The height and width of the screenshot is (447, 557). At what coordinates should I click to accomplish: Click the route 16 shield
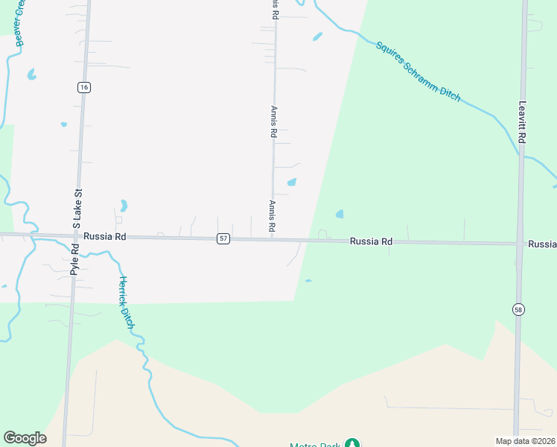[83, 87]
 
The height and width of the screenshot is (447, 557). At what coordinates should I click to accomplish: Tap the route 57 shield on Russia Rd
[223, 238]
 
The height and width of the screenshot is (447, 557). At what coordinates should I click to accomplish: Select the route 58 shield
[518, 308]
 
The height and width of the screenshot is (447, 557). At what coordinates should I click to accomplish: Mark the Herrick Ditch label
[127, 302]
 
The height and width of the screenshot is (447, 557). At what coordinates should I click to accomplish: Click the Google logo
[25, 438]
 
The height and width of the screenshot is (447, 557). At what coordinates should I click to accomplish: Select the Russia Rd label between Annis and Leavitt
[371, 241]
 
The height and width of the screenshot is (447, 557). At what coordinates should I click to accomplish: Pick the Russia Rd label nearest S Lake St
[105, 236]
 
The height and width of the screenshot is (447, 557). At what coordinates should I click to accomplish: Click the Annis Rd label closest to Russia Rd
[273, 216]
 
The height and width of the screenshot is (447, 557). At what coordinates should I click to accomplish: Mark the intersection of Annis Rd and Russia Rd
[273, 239]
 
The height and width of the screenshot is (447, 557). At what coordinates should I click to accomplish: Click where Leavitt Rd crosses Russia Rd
[519, 244]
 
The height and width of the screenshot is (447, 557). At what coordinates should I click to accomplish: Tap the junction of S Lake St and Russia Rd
[77, 236]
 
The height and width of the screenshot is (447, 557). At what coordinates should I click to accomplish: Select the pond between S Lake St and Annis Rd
[124, 205]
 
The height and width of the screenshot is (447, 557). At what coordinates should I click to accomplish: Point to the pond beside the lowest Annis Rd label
[292, 182]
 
